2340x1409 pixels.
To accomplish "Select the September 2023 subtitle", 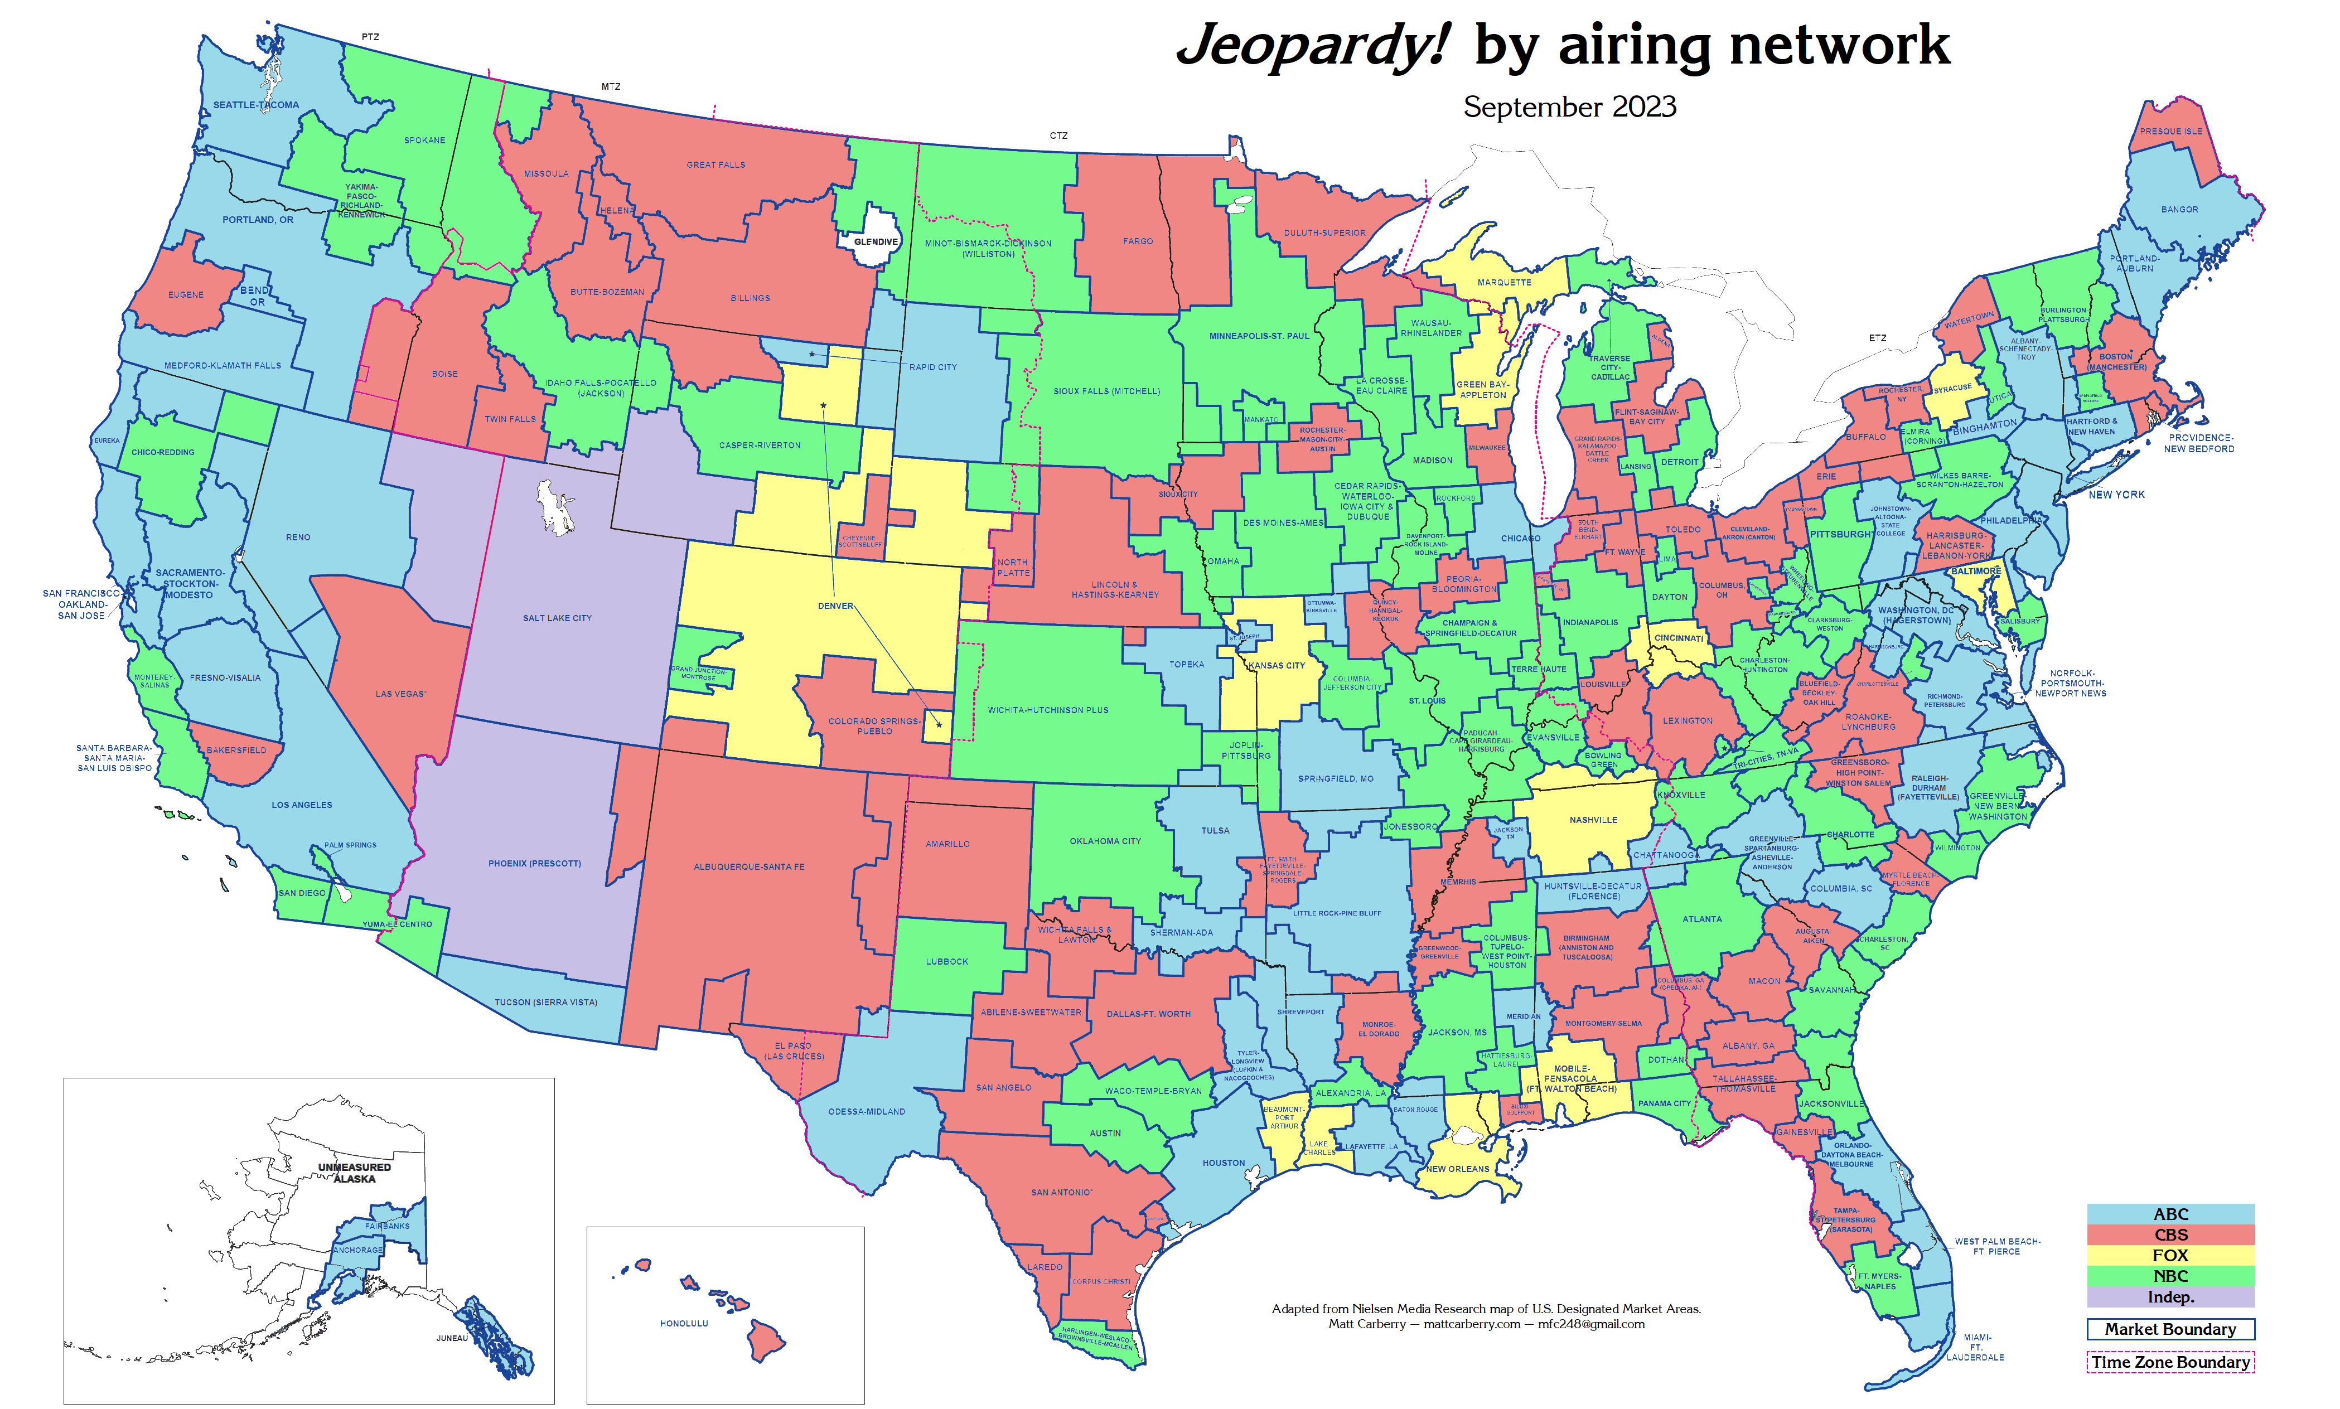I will (1569, 107).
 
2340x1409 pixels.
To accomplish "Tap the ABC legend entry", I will (2170, 1214).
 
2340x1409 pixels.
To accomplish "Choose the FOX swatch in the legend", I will (2170, 1255).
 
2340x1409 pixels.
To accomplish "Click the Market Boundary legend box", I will (2170, 1329).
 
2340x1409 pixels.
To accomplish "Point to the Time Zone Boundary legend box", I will (2170, 1363).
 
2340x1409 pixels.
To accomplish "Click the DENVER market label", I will (835, 606).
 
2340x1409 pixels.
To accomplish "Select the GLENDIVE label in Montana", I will (874, 242).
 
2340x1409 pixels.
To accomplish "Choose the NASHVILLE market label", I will (1593, 820).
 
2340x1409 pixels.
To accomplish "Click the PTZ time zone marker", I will (370, 37).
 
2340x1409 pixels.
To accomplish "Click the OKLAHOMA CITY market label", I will (1104, 841).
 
